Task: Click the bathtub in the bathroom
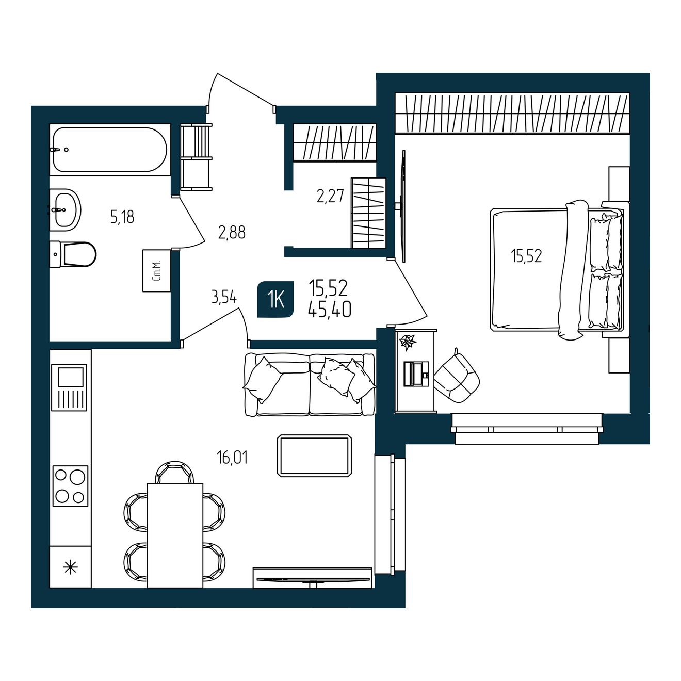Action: click(110, 150)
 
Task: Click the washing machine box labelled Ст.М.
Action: click(156, 271)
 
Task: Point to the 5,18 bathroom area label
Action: click(122, 217)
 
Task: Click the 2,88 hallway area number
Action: click(232, 233)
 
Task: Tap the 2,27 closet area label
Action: click(330, 197)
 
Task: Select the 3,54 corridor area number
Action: click(224, 297)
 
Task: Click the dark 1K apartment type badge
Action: click(275, 299)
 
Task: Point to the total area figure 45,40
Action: click(330, 310)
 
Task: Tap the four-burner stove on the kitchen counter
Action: click(70, 485)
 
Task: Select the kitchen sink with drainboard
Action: click(69, 387)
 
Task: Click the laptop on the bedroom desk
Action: click(416, 374)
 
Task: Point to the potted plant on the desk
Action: click(408, 342)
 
